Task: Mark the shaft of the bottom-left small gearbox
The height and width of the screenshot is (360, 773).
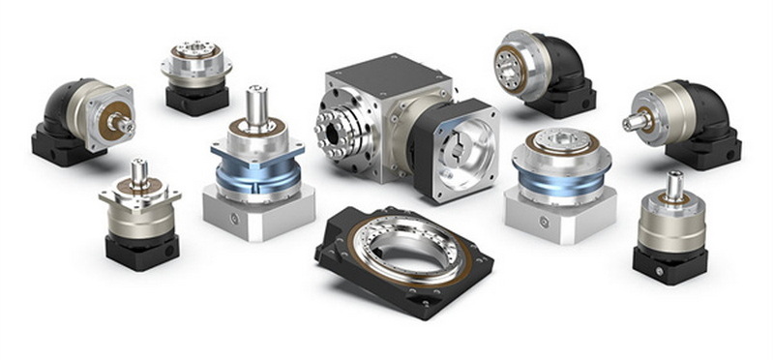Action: pos(139,172)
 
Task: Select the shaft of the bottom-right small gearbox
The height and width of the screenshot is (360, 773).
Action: pos(673,184)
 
